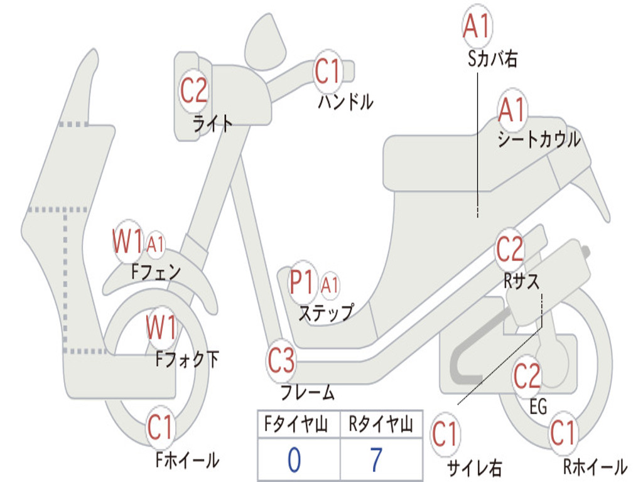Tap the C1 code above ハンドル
click(x=327, y=71)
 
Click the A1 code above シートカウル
click(x=512, y=111)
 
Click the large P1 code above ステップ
click(x=303, y=284)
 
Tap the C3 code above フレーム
click(x=281, y=361)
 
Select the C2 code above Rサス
click(x=510, y=250)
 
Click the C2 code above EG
click(x=527, y=376)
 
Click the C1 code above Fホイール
click(x=160, y=429)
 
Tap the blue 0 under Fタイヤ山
click(x=294, y=460)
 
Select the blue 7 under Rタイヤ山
click(x=376, y=460)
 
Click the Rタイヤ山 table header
click(x=381, y=426)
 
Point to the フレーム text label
click(x=308, y=394)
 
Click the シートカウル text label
click(x=539, y=140)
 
